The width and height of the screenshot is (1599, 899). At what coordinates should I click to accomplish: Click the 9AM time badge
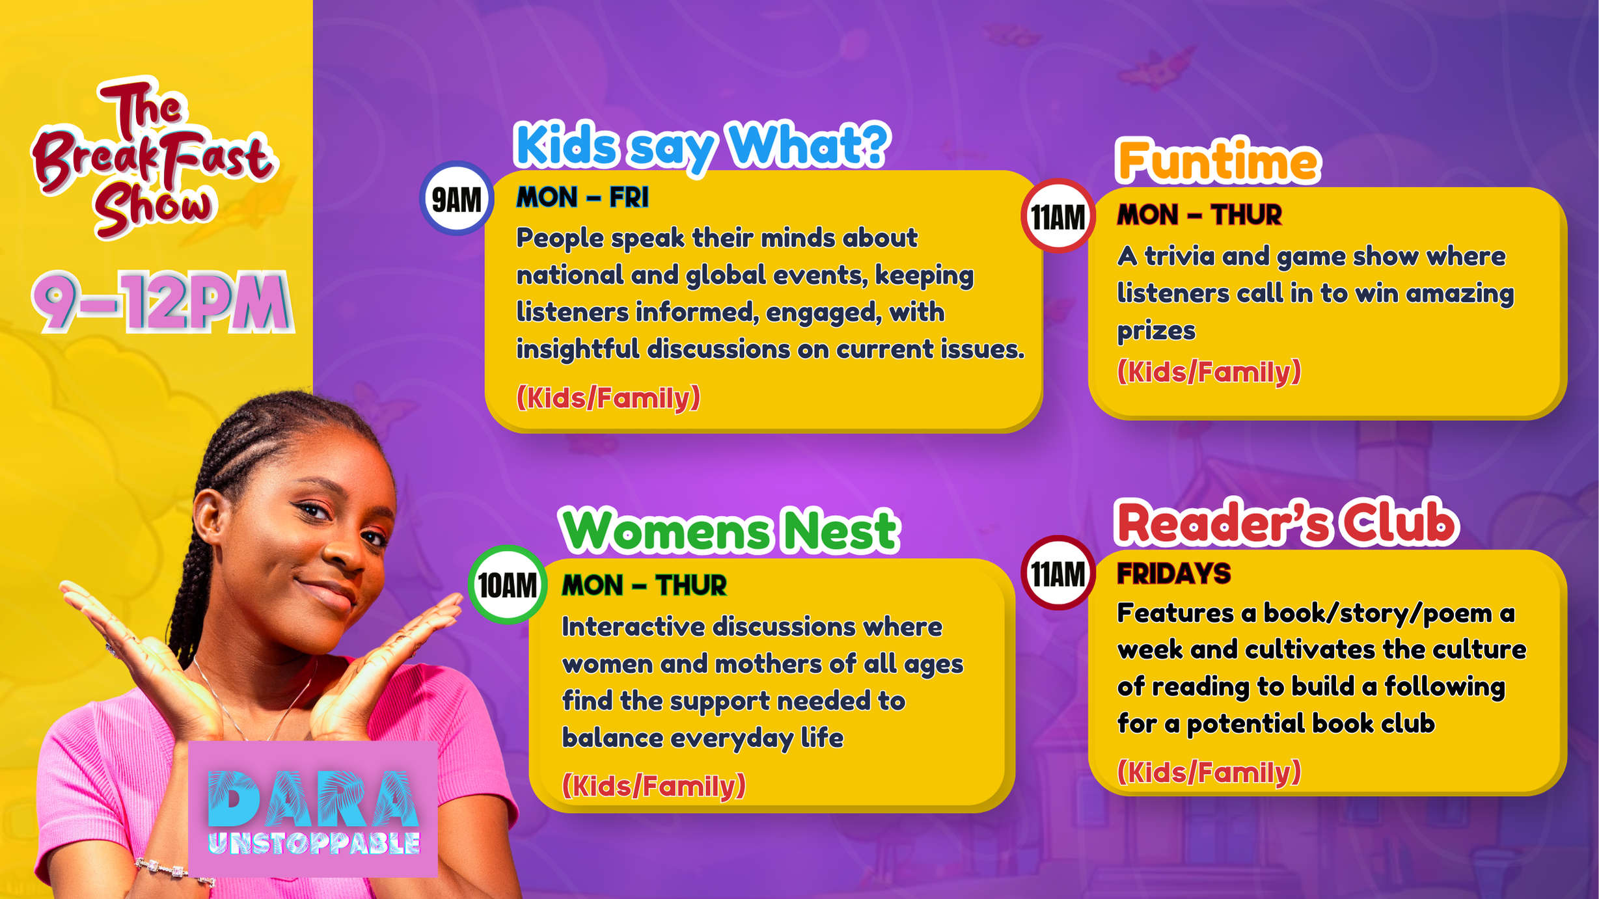[x=457, y=198]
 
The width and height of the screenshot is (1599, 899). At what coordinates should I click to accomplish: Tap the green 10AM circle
[x=508, y=585]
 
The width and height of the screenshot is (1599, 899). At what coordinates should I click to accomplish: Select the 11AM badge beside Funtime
[x=1058, y=216]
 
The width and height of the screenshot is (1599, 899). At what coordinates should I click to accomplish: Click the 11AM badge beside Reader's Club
[x=1058, y=573]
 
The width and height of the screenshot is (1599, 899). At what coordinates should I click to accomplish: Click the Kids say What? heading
[x=702, y=146]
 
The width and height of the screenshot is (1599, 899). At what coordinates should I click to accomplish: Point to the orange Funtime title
[x=1218, y=160]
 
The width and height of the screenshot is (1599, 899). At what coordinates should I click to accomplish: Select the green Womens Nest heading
[x=730, y=531]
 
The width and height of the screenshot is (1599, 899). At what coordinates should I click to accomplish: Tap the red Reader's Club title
[x=1287, y=522]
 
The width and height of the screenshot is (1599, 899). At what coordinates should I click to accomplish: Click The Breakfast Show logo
[x=154, y=157]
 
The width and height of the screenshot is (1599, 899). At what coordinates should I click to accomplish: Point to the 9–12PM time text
[x=163, y=301]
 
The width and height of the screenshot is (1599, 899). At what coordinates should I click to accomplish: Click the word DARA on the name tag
[x=314, y=798]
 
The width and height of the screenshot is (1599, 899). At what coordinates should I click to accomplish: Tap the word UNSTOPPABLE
[x=314, y=843]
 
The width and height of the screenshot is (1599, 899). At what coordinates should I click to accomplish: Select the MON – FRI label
[x=582, y=198]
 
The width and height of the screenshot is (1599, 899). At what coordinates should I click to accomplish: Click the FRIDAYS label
[x=1174, y=574]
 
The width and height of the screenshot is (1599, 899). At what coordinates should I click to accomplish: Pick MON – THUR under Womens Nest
[x=644, y=585]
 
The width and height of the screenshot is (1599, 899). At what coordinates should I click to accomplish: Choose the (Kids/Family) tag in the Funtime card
[x=1209, y=371]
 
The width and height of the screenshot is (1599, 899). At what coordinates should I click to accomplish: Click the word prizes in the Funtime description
[x=1156, y=331]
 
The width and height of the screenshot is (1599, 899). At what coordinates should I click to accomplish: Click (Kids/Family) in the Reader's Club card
[x=1209, y=772]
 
